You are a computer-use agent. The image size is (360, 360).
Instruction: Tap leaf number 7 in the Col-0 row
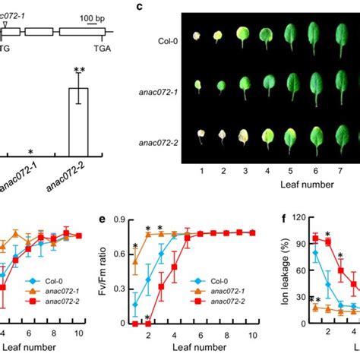[335, 34]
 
